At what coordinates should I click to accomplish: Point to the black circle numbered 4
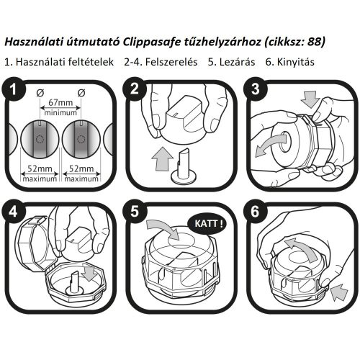point(15,215)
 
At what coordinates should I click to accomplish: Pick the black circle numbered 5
point(135,215)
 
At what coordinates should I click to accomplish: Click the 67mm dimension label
point(60,103)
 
